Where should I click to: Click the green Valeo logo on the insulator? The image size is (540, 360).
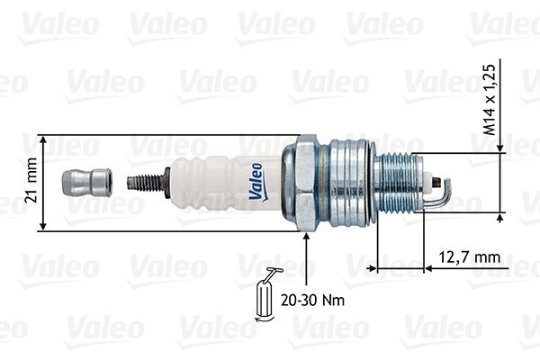coord(256,180)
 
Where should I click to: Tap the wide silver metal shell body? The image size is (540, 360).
coord(352,183)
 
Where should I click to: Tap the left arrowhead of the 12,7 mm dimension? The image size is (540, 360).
coord(371,267)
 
